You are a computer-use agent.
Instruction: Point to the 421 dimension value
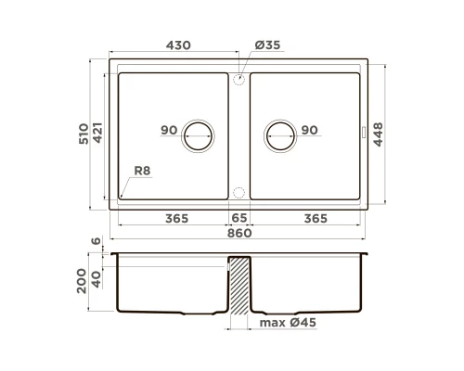tap(98, 136)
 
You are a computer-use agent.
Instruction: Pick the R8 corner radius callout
tap(142, 172)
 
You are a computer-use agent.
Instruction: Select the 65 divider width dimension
tap(239, 218)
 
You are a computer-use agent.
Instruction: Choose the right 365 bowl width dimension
tap(316, 218)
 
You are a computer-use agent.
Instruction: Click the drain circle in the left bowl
tap(198, 135)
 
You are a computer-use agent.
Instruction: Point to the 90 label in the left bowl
tap(168, 130)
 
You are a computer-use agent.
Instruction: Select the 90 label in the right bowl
tap(309, 130)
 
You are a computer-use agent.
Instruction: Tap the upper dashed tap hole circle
tap(238, 79)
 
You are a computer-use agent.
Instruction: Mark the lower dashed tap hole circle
tap(238, 192)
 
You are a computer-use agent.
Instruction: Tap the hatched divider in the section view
tap(239, 288)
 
